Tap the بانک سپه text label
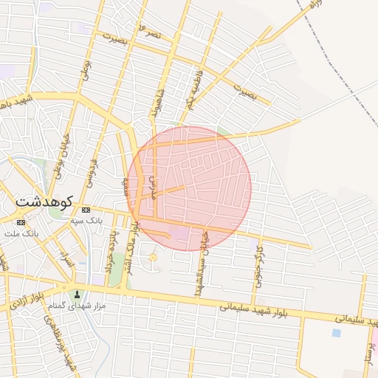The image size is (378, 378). (x=85, y=221)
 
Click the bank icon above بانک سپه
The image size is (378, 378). (x=86, y=210)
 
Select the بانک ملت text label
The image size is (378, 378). (x=20, y=233)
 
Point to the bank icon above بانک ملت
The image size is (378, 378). (x=20, y=222)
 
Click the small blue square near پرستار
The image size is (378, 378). (x=337, y=333)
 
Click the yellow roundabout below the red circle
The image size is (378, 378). (x=154, y=258)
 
